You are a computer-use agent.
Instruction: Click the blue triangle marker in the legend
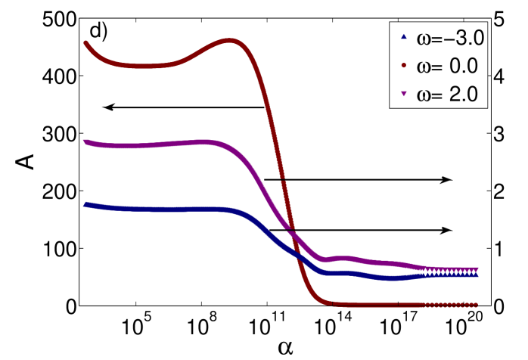tap(403, 37)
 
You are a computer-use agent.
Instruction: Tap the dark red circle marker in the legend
tap(403, 66)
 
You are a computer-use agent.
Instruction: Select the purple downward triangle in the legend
tap(403, 95)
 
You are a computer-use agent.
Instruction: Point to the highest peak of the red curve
tap(230, 40)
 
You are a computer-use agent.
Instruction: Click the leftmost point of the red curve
tap(85, 43)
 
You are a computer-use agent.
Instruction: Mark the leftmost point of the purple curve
tap(85, 141)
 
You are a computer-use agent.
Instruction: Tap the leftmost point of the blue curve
tap(85, 204)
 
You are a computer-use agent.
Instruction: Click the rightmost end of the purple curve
tap(477, 269)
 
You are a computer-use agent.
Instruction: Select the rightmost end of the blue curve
tap(477, 275)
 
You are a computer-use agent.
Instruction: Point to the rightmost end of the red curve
tap(477, 305)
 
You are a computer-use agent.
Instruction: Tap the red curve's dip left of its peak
tap(144, 67)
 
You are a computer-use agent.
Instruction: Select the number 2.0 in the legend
tap(463, 95)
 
